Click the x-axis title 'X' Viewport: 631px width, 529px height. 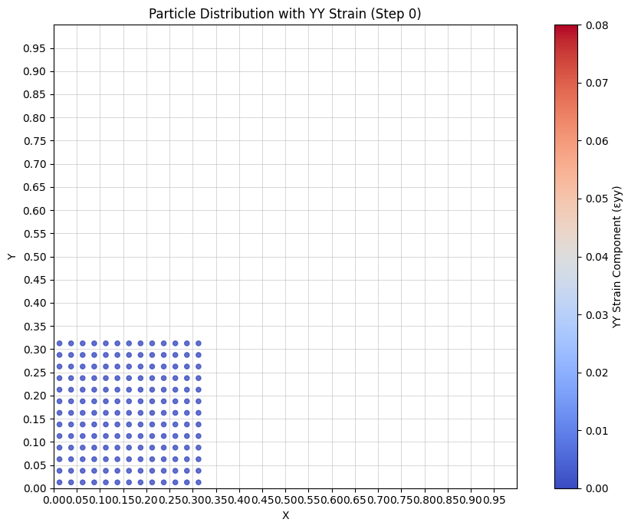[285, 515]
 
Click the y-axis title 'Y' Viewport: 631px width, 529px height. [12, 257]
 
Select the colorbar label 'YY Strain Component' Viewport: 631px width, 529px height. [617, 257]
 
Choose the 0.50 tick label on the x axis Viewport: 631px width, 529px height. [285, 501]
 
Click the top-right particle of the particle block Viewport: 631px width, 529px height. [199, 343]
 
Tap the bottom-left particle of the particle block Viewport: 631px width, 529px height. [59, 482]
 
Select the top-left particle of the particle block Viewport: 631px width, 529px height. [59, 343]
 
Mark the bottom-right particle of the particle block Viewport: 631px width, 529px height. [199, 482]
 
